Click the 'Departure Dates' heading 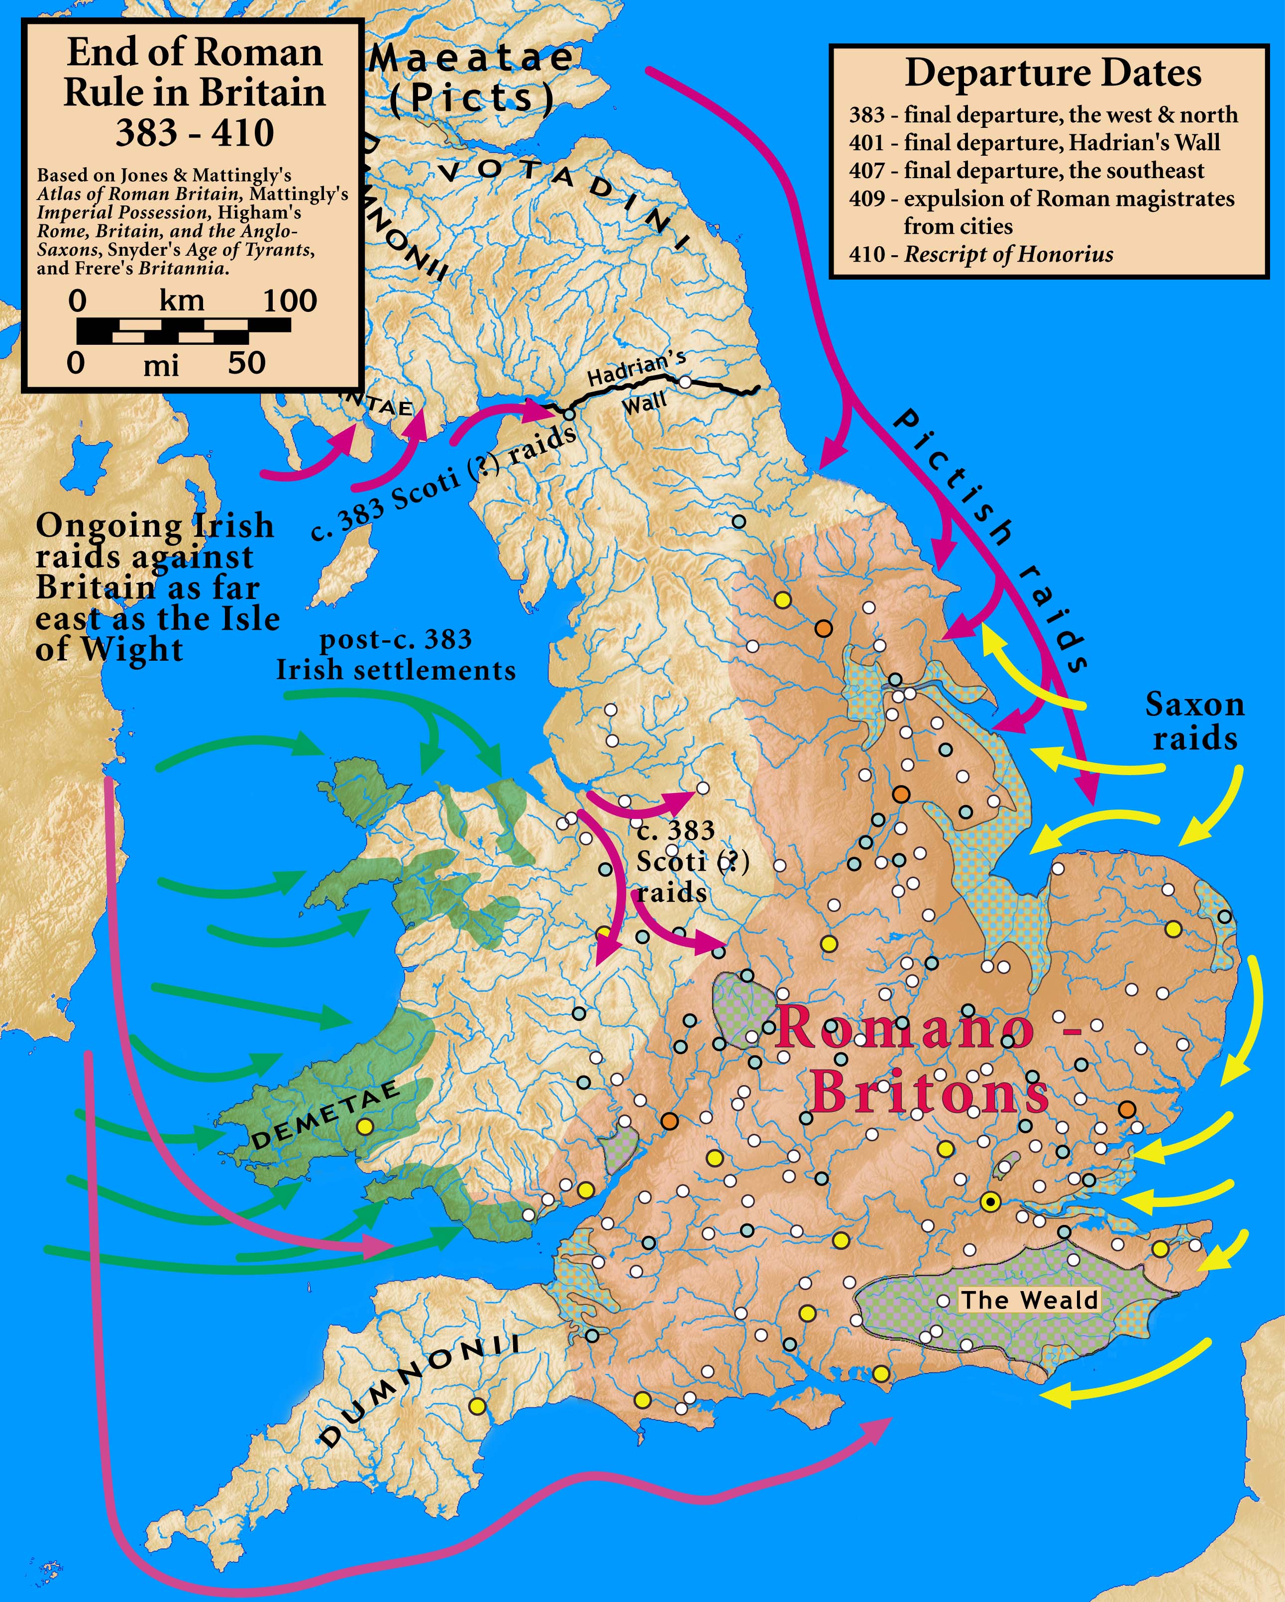(1053, 73)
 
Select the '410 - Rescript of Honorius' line (981, 255)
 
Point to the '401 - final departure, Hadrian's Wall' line (1035, 143)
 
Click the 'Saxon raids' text (1194, 721)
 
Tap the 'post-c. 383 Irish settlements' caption (396, 655)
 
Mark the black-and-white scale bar (184, 331)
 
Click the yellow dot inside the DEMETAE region (364, 1126)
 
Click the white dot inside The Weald (943, 1301)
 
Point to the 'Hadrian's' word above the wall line (637, 367)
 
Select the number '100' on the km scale (290, 301)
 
